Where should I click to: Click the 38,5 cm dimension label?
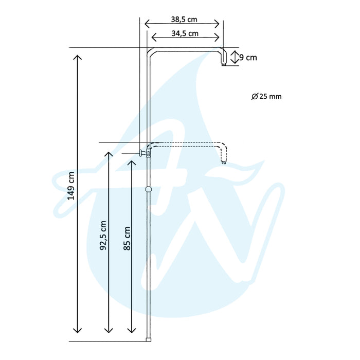point(184,20)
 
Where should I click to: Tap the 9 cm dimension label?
point(248,58)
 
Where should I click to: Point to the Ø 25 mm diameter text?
point(267,96)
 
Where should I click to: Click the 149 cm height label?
point(71,185)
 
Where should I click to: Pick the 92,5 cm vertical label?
point(103,236)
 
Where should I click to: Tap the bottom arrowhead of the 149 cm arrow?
point(78,331)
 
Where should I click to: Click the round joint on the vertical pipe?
point(149,189)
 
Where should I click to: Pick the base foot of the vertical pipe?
point(149,339)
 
